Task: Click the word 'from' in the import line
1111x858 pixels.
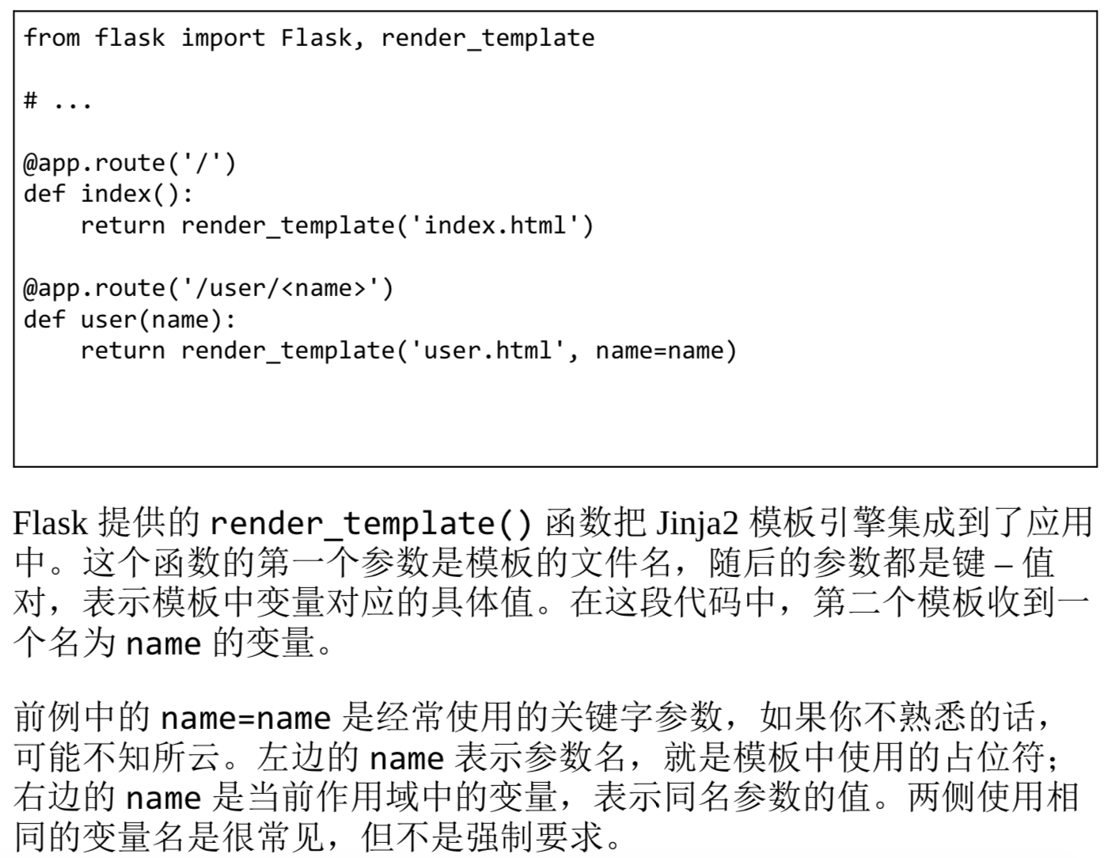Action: [51, 38]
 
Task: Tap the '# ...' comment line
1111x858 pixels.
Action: [58, 101]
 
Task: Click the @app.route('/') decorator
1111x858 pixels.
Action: [130, 163]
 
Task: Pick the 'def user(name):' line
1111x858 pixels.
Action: [130, 320]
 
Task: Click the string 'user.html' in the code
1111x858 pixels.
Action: [488, 351]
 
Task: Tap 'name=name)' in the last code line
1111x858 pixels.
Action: [665, 351]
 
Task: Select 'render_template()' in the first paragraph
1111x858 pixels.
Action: [372, 523]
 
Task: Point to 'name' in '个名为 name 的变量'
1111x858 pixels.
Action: [163, 643]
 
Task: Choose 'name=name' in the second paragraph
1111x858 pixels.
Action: [245, 718]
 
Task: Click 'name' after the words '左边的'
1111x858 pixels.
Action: [406, 758]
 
